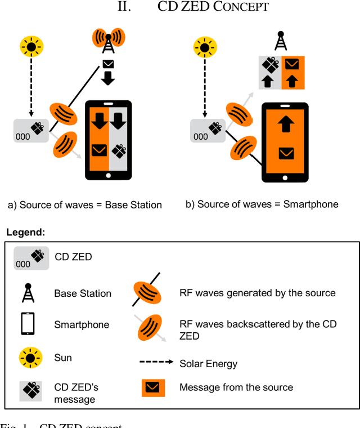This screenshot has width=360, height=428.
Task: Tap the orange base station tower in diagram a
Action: tap(108, 39)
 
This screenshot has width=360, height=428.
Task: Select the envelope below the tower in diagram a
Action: tap(108, 63)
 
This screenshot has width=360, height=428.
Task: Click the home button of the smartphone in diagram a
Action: tap(108, 175)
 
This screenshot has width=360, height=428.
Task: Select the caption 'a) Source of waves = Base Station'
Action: tap(85, 205)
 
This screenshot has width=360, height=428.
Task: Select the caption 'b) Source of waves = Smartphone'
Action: tap(262, 204)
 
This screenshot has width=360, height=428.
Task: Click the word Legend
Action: tap(26, 232)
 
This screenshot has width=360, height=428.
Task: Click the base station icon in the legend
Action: tap(26, 293)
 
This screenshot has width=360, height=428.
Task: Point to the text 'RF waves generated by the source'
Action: tap(257, 293)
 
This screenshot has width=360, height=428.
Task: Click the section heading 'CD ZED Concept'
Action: tap(213, 7)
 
